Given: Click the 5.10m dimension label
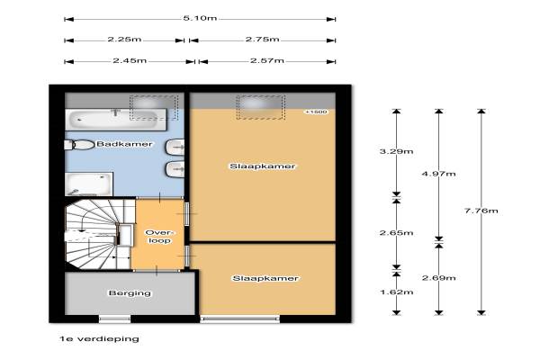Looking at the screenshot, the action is pyautogui.click(x=200, y=18).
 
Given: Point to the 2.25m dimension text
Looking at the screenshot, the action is pyautogui.click(x=124, y=40).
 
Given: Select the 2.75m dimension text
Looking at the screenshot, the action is pyautogui.click(x=263, y=40).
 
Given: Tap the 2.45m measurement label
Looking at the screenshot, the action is pyautogui.click(x=130, y=61).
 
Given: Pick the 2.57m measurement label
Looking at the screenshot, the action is pyautogui.click(x=267, y=61).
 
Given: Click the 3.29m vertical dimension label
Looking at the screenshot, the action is pyautogui.click(x=396, y=151).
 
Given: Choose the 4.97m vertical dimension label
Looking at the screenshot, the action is pyautogui.click(x=439, y=174).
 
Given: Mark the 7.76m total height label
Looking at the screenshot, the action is pyautogui.click(x=481, y=211).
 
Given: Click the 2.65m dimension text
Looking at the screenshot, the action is pyautogui.click(x=396, y=233).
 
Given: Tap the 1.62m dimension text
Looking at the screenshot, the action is pyautogui.click(x=396, y=292).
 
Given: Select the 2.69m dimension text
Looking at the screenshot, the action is pyautogui.click(x=439, y=278).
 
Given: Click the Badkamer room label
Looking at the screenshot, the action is pyautogui.click(x=124, y=144).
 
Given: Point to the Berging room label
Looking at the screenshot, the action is pyautogui.click(x=130, y=293).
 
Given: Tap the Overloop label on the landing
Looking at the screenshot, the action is pyautogui.click(x=158, y=237).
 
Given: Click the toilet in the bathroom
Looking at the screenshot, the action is pyautogui.click(x=79, y=145).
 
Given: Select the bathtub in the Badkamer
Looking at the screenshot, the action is pyautogui.click(x=116, y=120).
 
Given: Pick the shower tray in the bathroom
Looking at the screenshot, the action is pyautogui.click(x=89, y=184).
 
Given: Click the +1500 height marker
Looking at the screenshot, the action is pyautogui.click(x=316, y=112).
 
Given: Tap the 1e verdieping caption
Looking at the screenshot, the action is pyautogui.click(x=100, y=339).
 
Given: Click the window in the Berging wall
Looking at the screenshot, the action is pyautogui.click(x=115, y=319).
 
